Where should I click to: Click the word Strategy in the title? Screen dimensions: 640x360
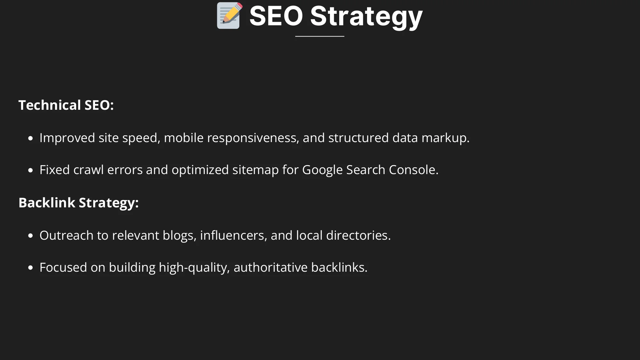tap(366, 17)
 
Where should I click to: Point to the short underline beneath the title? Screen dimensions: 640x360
tap(320, 36)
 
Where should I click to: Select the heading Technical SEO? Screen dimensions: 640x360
tap(66, 105)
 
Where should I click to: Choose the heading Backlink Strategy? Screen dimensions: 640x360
tap(79, 203)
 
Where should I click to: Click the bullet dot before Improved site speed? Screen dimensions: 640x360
tap(30, 139)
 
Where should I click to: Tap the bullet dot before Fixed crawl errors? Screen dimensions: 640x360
tap(30, 171)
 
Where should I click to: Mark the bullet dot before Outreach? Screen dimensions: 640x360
tap(30, 236)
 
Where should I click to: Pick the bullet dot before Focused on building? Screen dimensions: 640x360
tap(30, 268)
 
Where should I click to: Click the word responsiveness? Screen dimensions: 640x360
tap(253, 138)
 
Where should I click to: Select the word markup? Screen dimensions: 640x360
tap(445, 138)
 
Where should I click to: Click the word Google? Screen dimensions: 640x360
tap(323, 170)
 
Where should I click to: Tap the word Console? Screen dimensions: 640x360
tap(413, 170)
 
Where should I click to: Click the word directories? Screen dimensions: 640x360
tap(358, 236)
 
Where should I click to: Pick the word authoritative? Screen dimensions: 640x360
tap(271, 268)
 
